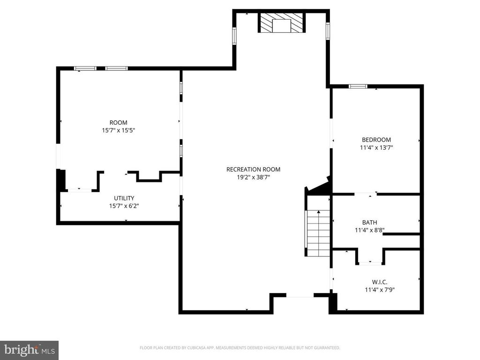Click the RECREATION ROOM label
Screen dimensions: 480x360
pyautogui.click(x=253, y=169)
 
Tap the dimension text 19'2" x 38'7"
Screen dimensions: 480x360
pyautogui.click(x=253, y=177)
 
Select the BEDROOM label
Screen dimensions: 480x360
pyautogui.click(x=376, y=140)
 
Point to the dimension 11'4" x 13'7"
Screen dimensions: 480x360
pyautogui.click(x=376, y=148)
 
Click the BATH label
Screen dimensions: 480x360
pyautogui.click(x=369, y=223)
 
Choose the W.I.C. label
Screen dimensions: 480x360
pyautogui.click(x=380, y=282)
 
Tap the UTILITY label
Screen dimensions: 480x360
pyautogui.click(x=124, y=198)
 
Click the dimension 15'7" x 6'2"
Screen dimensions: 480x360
pyautogui.click(x=124, y=206)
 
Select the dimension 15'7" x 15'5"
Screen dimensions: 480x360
pyautogui.click(x=119, y=130)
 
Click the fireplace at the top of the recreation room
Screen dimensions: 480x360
pyautogui.click(x=282, y=22)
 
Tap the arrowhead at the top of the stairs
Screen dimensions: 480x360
pyautogui.click(x=319, y=211)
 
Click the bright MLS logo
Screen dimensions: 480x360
pyautogui.click(x=29, y=350)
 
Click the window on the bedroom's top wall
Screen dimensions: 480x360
pyautogui.click(x=358, y=86)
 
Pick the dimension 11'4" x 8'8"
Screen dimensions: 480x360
pyautogui.click(x=369, y=230)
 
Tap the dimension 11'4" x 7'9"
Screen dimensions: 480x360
pyautogui.click(x=380, y=290)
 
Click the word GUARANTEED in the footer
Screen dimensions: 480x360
pyautogui.click(x=327, y=348)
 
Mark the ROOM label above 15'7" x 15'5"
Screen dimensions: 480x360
pyautogui.click(x=119, y=123)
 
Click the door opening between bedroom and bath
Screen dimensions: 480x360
pyautogui.click(x=366, y=194)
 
